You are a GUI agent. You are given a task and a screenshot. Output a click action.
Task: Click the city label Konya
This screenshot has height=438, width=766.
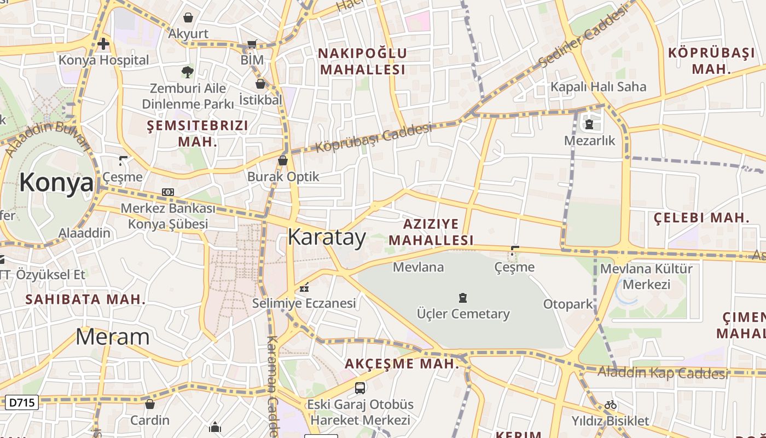[56, 182]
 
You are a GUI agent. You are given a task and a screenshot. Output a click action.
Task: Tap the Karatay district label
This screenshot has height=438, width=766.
[327, 238]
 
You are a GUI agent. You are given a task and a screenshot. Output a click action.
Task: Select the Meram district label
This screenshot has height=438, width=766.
[112, 337]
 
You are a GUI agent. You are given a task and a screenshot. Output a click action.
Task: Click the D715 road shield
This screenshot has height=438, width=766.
[22, 403]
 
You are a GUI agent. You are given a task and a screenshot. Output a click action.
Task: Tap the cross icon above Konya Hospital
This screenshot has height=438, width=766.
[103, 43]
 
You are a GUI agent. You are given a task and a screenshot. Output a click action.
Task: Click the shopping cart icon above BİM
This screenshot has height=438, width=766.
[252, 44]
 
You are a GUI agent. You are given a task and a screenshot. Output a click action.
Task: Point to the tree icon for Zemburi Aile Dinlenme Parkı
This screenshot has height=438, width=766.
[187, 72]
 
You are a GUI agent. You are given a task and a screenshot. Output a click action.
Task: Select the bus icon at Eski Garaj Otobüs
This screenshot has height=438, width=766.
[359, 388]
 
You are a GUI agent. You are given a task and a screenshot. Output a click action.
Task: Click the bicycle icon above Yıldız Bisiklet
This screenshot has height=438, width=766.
[611, 405]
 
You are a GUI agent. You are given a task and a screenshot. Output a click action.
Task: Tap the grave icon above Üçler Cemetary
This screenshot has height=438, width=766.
[463, 298]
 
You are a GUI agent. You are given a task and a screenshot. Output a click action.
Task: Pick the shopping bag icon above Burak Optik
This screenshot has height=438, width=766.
[283, 160]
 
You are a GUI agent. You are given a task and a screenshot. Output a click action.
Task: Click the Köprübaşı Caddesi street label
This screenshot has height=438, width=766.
[374, 138]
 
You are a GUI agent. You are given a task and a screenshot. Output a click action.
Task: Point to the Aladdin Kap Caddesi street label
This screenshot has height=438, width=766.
[663, 373]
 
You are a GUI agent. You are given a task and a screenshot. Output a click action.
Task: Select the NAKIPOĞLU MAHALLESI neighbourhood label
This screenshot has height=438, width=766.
[363, 61]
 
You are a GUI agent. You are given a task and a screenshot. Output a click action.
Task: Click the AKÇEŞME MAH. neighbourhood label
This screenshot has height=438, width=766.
[402, 364]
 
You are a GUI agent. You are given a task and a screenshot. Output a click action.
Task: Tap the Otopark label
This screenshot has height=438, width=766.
[568, 304]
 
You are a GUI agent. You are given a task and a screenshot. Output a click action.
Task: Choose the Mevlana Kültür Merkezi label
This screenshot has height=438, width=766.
[646, 276]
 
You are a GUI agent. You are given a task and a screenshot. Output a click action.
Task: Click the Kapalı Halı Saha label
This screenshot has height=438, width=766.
[598, 87]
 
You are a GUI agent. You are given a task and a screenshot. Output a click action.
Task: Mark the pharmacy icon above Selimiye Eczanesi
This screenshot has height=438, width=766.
[304, 287]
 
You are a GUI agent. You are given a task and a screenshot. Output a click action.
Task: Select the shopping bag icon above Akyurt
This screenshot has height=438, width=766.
[188, 18]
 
